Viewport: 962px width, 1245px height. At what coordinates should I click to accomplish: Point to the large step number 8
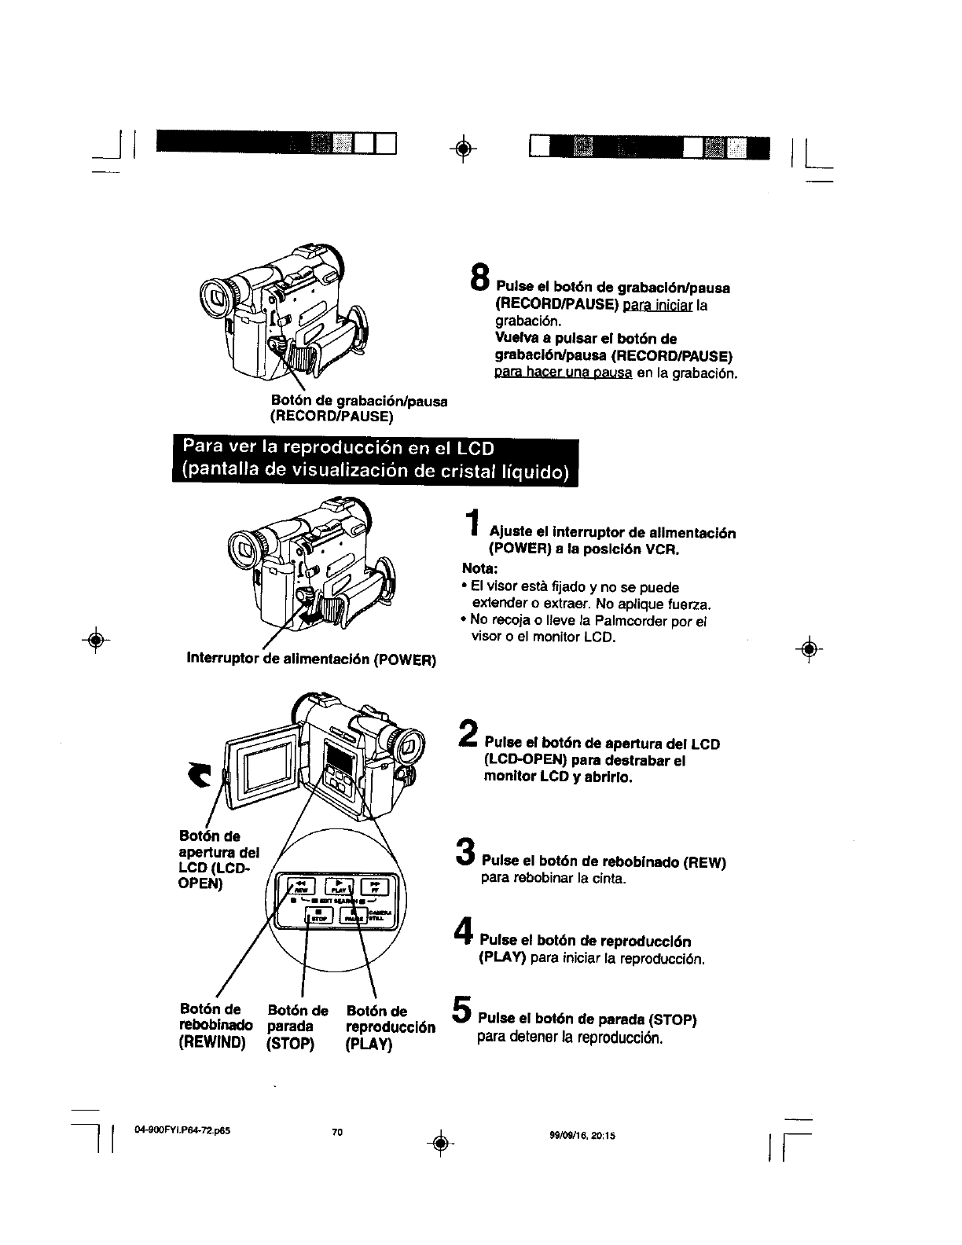point(479,277)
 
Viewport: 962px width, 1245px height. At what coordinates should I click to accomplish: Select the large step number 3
point(465,854)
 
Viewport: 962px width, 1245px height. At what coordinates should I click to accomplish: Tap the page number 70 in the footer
point(337,1133)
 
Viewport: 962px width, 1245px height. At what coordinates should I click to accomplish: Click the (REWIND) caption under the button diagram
point(213,1044)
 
